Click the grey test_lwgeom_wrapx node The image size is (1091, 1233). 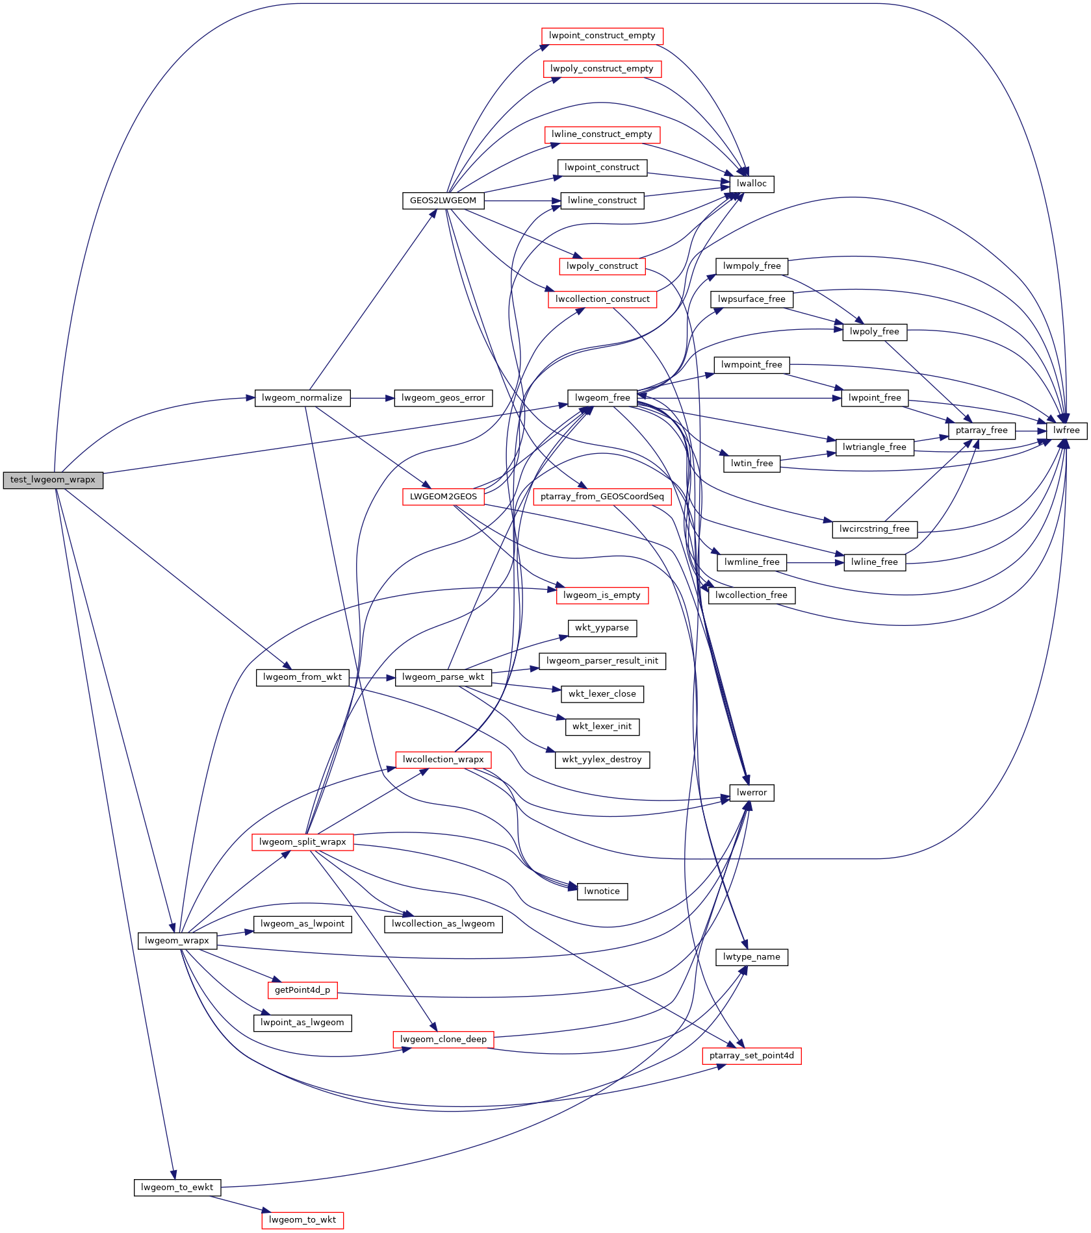click(x=53, y=480)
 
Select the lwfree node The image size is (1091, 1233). click(x=1066, y=430)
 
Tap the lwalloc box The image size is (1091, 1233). click(x=751, y=184)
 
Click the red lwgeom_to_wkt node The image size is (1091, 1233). click(x=302, y=1220)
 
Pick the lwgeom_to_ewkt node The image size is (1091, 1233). click(x=177, y=1188)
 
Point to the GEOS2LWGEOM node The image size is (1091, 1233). click(x=443, y=201)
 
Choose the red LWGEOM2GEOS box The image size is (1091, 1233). click(x=443, y=497)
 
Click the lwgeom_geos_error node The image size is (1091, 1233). click(x=443, y=398)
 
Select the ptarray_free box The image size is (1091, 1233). click(x=981, y=430)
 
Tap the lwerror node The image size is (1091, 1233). click(x=751, y=793)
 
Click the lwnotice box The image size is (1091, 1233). click(x=602, y=891)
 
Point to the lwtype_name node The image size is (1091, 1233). click(x=751, y=957)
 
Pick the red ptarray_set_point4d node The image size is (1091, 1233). click(x=751, y=1056)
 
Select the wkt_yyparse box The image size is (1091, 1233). click(x=602, y=628)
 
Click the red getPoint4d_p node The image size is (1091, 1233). click(x=302, y=990)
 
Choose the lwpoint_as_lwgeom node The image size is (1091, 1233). click(x=302, y=1023)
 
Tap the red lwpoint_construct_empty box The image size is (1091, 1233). click(x=602, y=36)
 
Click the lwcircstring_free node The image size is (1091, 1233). click(x=874, y=529)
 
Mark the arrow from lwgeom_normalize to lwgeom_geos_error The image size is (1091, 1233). click(x=372, y=398)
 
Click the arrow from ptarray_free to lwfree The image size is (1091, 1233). click(x=1031, y=430)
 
